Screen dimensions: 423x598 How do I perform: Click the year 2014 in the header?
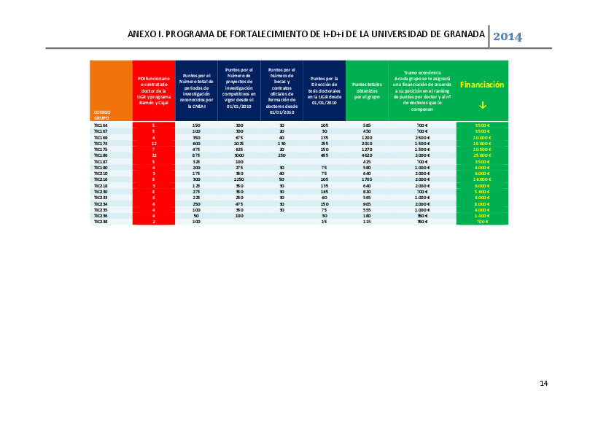click(x=508, y=36)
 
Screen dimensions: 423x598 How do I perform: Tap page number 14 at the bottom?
click(x=543, y=383)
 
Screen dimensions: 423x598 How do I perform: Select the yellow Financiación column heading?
click(x=482, y=85)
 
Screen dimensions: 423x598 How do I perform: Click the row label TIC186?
click(x=100, y=155)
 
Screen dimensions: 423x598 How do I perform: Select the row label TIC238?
click(x=100, y=222)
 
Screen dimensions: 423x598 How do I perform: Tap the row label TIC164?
click(x=100, y=125)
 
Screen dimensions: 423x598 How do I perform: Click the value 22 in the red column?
click(x=154, y=155)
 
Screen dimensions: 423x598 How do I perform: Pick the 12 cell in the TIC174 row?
click(x=154, y=144)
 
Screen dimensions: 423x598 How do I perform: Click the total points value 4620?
click(x=367, y=155)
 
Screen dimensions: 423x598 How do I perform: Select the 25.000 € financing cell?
click(x=482, y=155)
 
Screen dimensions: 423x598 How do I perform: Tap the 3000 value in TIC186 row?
click(x=239, y=155)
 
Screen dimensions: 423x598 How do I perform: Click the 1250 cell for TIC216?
click(x=239, y=179)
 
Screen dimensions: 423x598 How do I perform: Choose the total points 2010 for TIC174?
click(x=367, y=144)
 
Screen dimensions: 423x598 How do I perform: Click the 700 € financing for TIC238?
click(x=482, y=222)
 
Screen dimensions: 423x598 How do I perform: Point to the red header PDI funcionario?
click(x=154, y=91)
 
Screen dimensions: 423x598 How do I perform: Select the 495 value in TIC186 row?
click(x=324, y=155)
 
